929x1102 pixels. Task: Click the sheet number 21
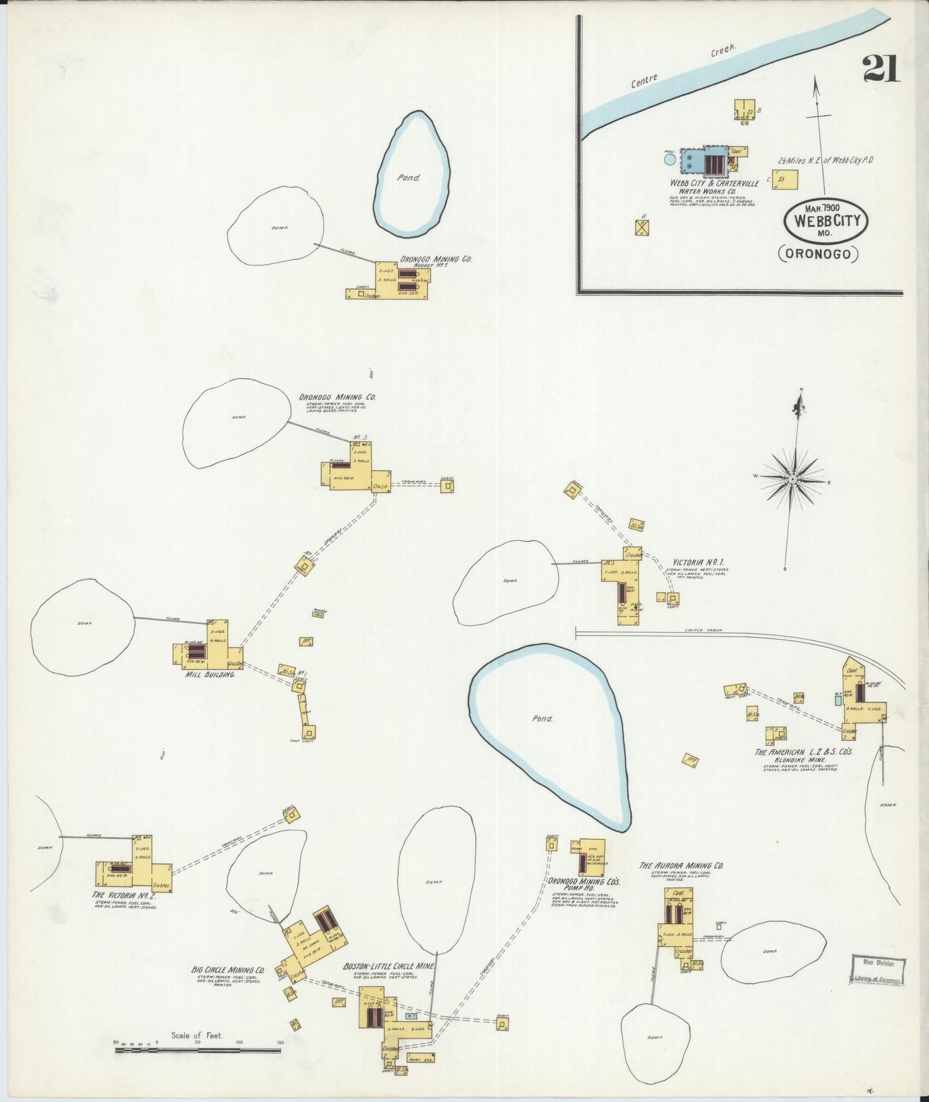click(x=880, y=68)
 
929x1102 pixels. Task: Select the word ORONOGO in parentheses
click(x=818, y=254)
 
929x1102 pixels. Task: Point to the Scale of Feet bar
click(x=197, y=1051)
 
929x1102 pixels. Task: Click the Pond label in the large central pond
click(x=542, y=719)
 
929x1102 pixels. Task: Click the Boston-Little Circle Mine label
click(x=389, y=966)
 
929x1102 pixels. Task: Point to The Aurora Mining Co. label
click(x=681, y=865)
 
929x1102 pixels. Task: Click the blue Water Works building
click(x=703, y=162)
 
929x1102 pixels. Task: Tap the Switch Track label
click(x=703, y=630)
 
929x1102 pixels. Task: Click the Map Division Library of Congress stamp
click(x=878, y=970)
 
